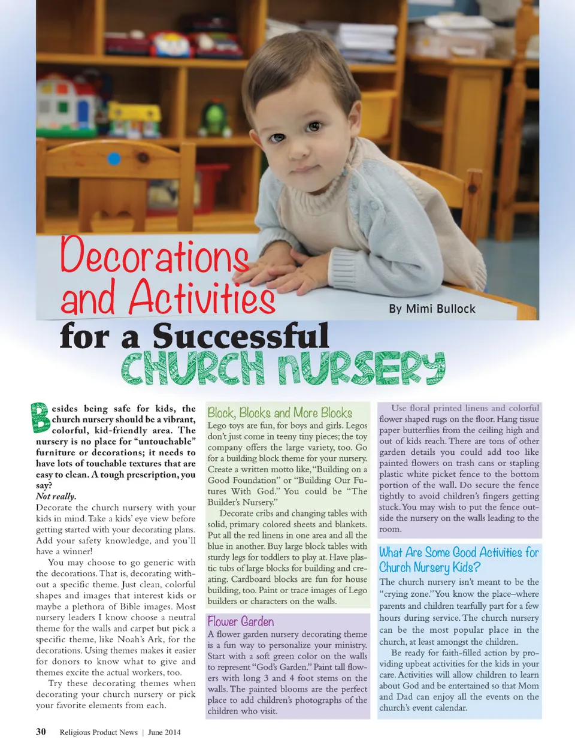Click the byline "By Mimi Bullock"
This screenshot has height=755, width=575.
pyautogui.click(x=432, y=309)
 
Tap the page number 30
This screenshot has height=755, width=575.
pyautogui.click(x=41, y=732)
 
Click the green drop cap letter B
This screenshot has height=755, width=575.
pyautogui.click(x=40, y=418)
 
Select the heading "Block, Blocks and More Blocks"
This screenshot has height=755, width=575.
pyautogui.click(x=280, y=412)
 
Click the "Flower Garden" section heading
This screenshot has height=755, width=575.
pyautogui.click(x=241, y=621)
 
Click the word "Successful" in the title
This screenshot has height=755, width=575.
pyautogui.click(x=240, y=337)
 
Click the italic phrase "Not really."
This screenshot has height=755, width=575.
pyautogui.click(x=56, y=496)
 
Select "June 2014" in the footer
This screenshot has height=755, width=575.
pyautogui.click(x=164, y=732)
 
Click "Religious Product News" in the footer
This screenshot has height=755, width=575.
pyautogui.click(x=98, y=732)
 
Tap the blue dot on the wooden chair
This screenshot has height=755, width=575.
pyautogui.click(x=114, y=159)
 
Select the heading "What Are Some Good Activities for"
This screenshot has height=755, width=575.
pyautogui.click(x=459, y=552)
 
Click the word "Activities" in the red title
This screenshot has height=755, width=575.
pyautogui.click(x=202, y=297)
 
